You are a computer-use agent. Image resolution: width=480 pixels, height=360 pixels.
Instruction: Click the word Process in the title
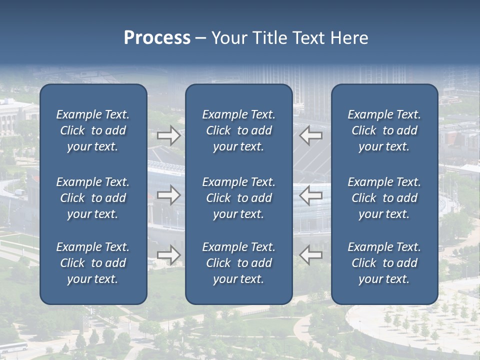157,38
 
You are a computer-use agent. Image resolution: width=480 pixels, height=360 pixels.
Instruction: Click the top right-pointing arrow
168,135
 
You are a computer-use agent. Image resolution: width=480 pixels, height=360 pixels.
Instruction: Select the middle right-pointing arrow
168,195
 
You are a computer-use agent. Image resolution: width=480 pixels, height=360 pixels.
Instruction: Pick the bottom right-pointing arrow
168,254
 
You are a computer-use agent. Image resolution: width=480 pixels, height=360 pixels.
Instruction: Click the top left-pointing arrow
311,135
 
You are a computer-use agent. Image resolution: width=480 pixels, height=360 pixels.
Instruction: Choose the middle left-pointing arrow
311,195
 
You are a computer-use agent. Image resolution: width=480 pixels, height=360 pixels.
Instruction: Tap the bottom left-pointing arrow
311,254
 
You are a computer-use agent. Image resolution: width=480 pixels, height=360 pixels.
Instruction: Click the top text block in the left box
93,130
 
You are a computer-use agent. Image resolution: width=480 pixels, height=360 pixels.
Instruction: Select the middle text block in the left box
93,198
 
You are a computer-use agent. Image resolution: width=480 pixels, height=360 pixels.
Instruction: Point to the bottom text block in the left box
93,263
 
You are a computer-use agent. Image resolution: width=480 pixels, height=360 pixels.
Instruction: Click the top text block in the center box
238,130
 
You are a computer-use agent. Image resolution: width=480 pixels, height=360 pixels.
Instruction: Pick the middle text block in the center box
238,198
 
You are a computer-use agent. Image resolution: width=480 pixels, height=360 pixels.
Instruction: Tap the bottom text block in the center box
238,263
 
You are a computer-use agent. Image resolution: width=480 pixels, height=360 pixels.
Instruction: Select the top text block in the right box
384,130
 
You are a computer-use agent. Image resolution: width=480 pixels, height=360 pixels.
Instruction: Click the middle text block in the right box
384,198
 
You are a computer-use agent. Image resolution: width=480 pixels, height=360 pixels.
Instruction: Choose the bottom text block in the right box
384,263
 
